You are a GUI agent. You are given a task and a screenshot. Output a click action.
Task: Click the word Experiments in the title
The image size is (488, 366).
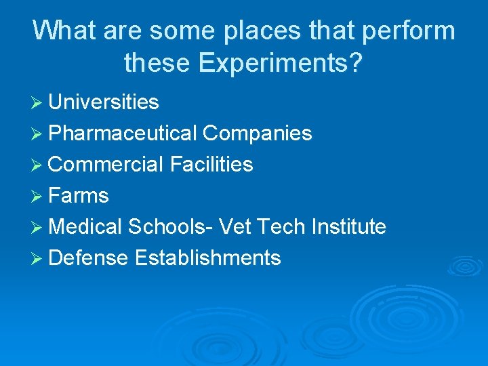tap(279, 64)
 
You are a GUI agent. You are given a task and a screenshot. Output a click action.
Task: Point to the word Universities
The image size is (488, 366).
tap(104, 102)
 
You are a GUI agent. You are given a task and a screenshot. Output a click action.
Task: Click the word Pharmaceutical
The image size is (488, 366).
tap(123, 134)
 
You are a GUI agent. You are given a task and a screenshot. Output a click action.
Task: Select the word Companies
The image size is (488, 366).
tap(257, 134)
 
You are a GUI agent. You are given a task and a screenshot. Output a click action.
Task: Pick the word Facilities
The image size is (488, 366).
tap(211, 165)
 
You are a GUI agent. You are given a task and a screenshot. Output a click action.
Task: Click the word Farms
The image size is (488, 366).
tap(79, 196)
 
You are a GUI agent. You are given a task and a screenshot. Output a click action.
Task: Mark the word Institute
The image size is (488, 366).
tap(348, 227)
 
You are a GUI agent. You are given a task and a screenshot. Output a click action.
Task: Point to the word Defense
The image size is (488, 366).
tap(88, 258)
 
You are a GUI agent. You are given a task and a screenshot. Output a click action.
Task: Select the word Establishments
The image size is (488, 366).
tap(207, 258)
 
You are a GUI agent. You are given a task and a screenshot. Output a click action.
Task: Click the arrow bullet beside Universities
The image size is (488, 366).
tap(38, 103)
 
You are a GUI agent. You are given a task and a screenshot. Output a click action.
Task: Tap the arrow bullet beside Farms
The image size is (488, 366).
tap(38, 197)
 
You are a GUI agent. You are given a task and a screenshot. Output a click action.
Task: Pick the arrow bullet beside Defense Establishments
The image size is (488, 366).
tap(38, 259)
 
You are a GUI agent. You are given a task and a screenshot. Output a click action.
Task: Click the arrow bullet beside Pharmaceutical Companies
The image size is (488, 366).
tap(38, 134)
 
